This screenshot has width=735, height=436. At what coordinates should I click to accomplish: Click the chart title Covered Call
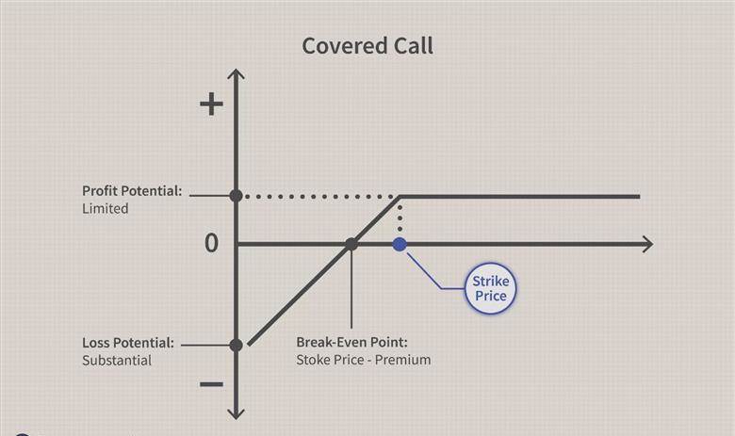tap(367, 46)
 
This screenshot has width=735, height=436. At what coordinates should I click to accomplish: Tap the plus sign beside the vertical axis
tap(211, 104)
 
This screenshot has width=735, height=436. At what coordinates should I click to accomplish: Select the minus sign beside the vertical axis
tap(211, 384)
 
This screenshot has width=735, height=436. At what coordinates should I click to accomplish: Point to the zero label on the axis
tap(211, 244)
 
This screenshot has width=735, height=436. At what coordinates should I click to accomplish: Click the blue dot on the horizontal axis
tap(400, 244)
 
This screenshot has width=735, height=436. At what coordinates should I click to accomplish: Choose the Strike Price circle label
tap(490, 288)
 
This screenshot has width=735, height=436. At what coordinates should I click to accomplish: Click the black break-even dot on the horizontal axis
tap(351, 244)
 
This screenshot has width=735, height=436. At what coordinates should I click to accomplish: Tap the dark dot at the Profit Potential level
tap(237, 196)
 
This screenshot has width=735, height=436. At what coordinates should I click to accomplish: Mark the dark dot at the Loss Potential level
tap(237, 346)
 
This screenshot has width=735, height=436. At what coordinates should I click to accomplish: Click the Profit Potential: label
tap(132, 191)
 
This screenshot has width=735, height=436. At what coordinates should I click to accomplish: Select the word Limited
tap(105, 208)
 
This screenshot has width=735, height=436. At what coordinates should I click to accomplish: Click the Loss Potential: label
tap(128, 343)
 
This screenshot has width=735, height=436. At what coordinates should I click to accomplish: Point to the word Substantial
tap(117, 360)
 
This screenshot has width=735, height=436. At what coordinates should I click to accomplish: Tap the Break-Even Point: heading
tap(352, 342)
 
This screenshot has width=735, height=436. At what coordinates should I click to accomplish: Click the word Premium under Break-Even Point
tap(402, 360)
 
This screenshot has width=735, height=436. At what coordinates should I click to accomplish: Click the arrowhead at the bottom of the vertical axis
tap(236, 413)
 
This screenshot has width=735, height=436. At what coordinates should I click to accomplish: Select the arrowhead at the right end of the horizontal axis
tap(647, 244)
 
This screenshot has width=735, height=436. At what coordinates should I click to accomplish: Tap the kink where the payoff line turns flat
tap(400, 197)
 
